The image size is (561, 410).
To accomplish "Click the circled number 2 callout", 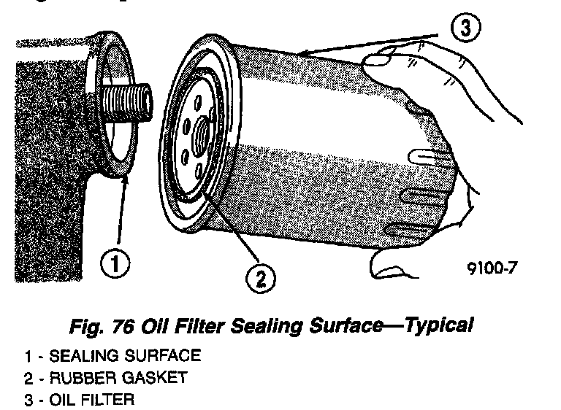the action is click(260, 278).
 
